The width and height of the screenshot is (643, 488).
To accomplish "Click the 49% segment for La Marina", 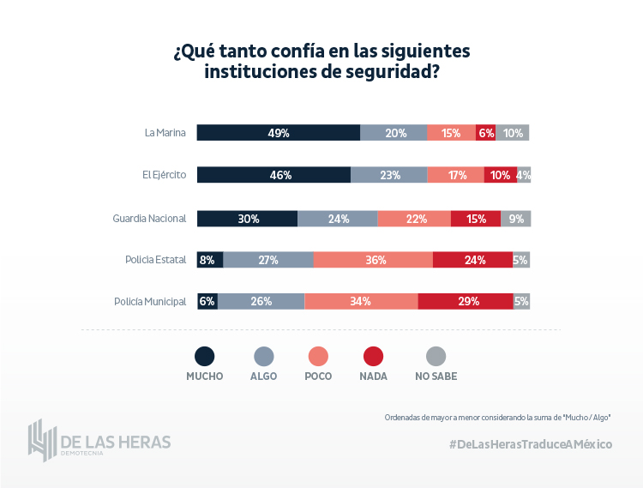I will (279, 133).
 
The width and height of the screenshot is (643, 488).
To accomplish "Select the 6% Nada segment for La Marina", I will (486, 133).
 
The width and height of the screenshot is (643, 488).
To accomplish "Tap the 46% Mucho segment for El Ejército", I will (274, 175).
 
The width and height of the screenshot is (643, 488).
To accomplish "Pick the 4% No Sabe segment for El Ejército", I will (524, 175).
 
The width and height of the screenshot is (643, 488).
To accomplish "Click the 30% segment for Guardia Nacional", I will (248, 218).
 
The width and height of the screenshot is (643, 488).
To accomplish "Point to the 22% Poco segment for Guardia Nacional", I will (414, 218).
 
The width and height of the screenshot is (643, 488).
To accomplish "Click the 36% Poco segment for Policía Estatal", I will (373, 260).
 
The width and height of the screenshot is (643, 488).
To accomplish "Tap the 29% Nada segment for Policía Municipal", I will (466, 301).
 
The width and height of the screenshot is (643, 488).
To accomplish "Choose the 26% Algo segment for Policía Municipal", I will (261, 301).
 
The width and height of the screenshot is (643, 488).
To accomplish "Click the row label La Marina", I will (165, 133).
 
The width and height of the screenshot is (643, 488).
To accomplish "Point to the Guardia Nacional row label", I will (149, 218).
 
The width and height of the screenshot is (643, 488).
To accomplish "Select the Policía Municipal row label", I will (150, 302).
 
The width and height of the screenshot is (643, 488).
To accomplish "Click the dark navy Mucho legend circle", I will (205, 357).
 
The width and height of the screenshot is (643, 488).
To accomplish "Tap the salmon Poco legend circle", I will (318, 357).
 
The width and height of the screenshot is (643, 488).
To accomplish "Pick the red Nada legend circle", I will (374, 357).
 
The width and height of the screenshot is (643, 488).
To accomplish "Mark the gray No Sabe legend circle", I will (436, 357).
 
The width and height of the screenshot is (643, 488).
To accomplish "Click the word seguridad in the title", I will (390, 72).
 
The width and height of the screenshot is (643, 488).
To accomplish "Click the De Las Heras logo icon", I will (41, 439).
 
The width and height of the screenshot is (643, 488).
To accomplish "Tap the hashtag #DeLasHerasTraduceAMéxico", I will (530, 443).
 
